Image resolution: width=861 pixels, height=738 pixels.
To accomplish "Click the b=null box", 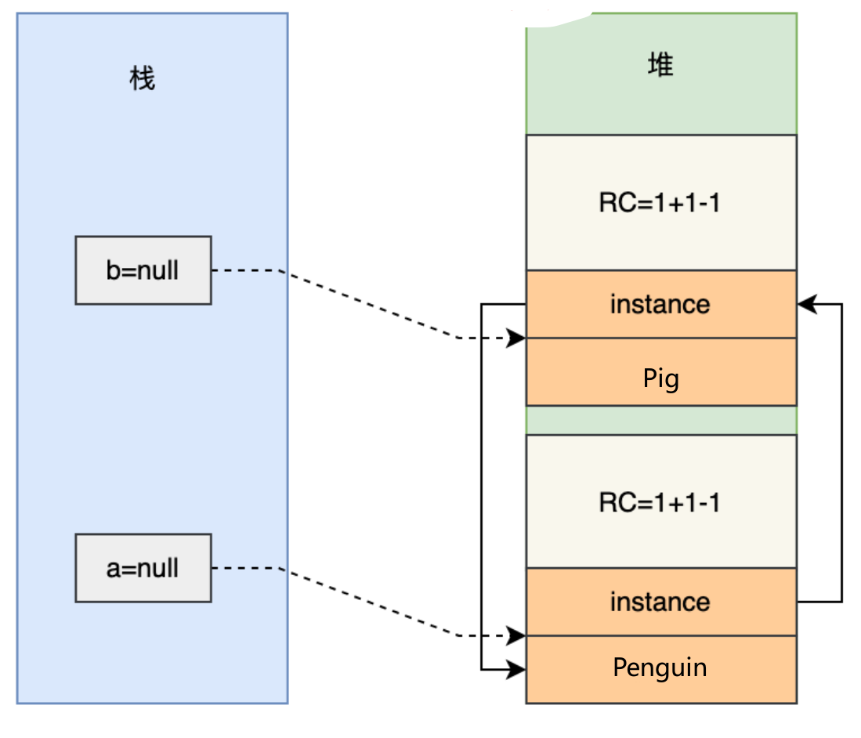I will (x=143, y=270).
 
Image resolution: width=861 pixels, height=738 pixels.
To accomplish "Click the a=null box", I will (x=143, y=568).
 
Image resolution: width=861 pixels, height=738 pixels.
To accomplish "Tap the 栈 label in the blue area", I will (x=143, y=78).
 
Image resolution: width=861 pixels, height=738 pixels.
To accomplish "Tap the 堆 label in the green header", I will (x=660, y=66).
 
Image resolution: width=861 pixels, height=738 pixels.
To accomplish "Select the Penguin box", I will (x=660, y=668).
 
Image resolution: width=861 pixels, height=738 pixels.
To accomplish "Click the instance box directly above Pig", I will (x=660, y=304).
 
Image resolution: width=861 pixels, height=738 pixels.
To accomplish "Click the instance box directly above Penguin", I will (x=660, y=602).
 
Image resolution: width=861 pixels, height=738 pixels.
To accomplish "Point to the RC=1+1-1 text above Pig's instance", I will (x=660, y=203).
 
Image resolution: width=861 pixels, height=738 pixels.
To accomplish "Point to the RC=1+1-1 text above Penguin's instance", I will (x=660, y=502).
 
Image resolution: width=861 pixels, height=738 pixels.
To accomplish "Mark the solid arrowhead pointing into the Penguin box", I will (x=517, y=669).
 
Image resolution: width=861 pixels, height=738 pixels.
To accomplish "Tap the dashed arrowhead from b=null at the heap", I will (x=517, y=338).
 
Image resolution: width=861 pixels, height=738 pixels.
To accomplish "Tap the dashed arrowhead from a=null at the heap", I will (x=517, y=635).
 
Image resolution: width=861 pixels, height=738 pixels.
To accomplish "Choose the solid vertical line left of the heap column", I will (x=481, y=486).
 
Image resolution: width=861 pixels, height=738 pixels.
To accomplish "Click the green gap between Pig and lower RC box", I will (x=660, y=420).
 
